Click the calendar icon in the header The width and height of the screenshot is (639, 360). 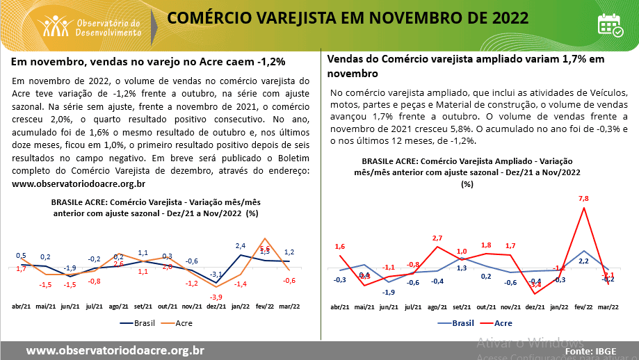click(x=610, y=25)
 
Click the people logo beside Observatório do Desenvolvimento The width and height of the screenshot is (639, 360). click(x=56, y=26)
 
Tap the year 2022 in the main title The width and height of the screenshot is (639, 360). click(x=503, y=17)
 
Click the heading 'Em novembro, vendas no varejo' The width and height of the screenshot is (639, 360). click(x=139, y=62)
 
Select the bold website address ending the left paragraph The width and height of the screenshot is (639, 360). click(x=79, y=183)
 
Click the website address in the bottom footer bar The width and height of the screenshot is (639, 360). click(x=115, y=350)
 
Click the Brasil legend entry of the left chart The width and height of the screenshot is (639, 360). click(x=135, y=322)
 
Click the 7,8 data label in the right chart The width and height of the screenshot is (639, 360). click(x=583, y=199)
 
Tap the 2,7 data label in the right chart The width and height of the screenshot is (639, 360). click(x=437, y=238)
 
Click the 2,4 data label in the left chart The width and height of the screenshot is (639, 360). click(x=241, y=245)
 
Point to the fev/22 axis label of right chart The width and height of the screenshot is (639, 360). click(x=583, y=306)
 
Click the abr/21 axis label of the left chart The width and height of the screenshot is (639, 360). click(x=22, y=306)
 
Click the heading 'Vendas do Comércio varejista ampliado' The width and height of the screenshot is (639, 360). click(x=466, y=59)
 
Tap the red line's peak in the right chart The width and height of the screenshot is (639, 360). click(x=583, y=208)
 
